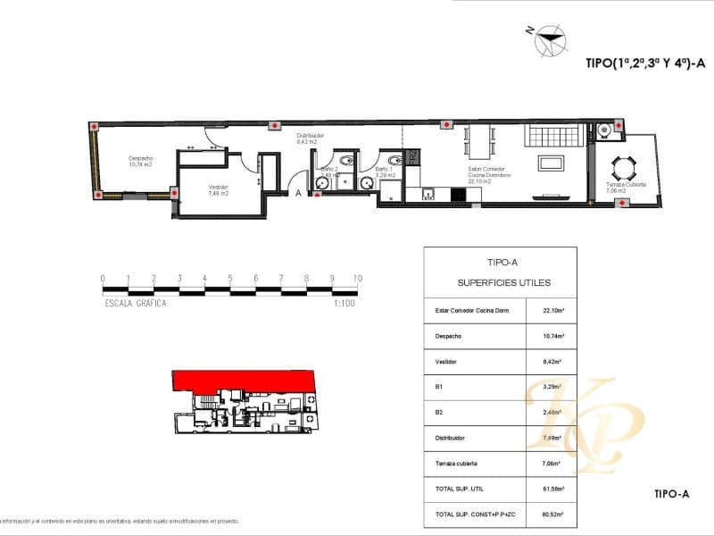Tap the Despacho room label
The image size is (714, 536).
[x=141, y=160]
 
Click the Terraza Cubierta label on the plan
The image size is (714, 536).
[x=626, y=187]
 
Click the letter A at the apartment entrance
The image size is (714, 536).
[x=298, y=192]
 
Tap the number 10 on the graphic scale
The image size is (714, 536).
[x=358, y=279]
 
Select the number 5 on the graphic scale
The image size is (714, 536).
[x=230, y=279]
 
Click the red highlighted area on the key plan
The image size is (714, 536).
[x=241, y=380]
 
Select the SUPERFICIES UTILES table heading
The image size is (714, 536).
[x=503, y=282]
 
